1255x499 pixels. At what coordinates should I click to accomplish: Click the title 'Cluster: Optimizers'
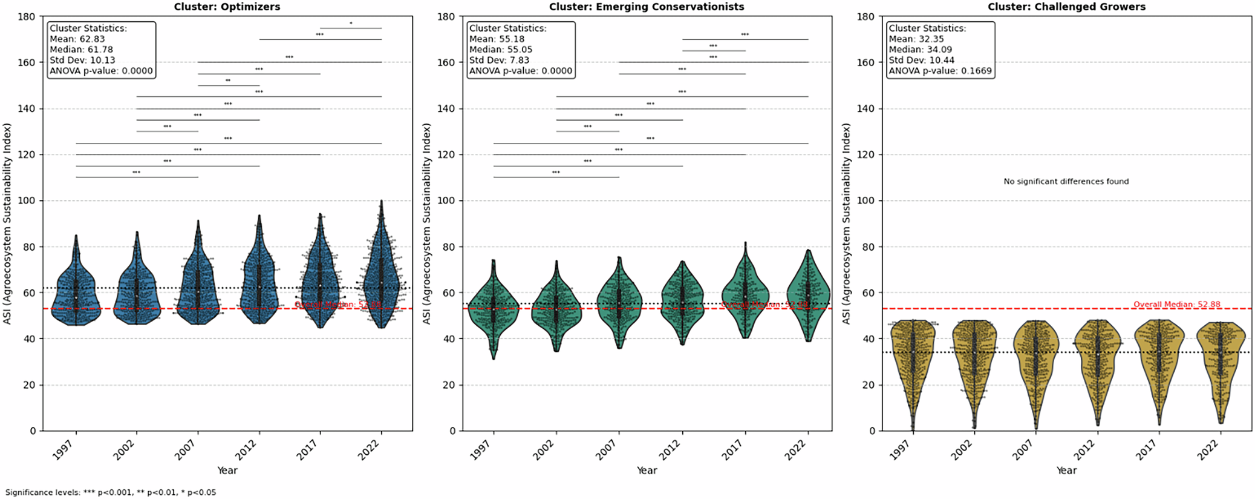(227, 7)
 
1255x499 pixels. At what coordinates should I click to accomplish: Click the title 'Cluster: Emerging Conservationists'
(646, 7)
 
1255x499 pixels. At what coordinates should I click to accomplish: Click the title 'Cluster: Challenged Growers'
(1066, 7)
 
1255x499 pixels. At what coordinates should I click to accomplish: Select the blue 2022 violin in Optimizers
(381, 273)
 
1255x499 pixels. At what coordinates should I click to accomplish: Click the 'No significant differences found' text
(1066, 181)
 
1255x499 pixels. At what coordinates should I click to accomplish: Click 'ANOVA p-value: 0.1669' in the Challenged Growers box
(940, 71)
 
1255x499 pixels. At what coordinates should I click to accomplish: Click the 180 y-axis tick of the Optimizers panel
(27, 16)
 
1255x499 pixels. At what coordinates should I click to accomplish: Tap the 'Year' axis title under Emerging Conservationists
(646, 470)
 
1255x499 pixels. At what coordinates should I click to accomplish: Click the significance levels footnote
(111, 492)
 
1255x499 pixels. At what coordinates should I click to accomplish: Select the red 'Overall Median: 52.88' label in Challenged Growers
(1176, 305)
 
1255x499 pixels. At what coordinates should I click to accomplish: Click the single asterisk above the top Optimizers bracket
(351, 24)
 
